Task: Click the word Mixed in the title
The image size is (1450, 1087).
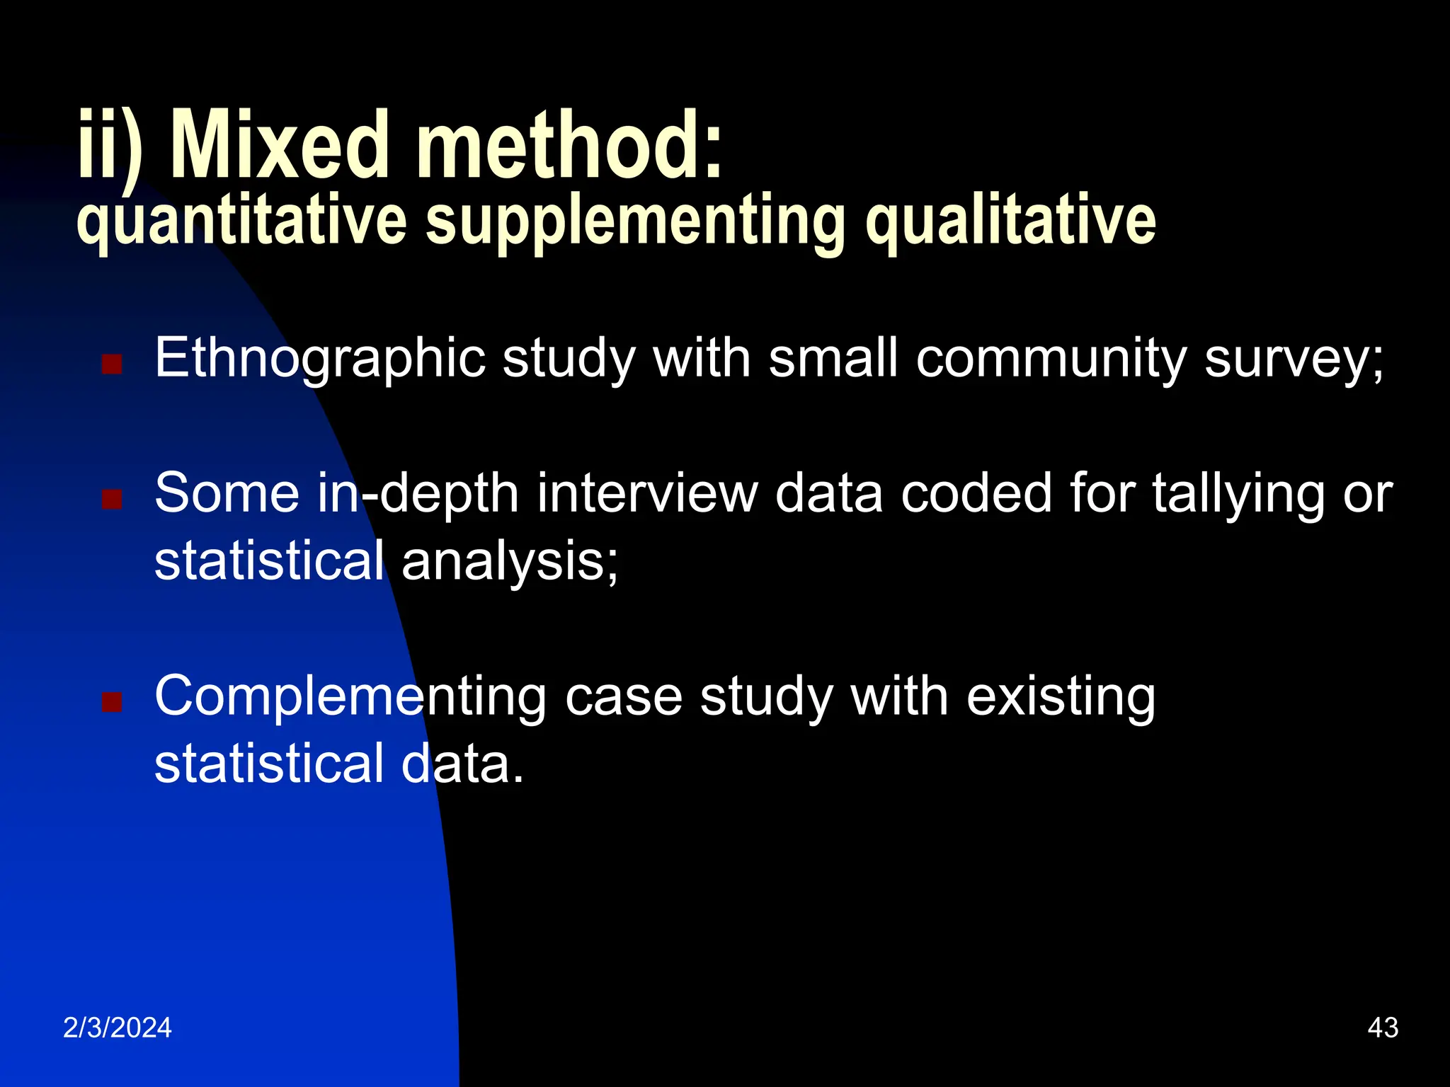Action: point(280,146)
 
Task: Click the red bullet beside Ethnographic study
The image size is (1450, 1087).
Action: point(112,364)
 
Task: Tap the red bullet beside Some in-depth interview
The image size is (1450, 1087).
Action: point(112,500)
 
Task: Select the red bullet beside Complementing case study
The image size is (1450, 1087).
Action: point(112,702)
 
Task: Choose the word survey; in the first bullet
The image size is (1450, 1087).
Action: point(1294,359)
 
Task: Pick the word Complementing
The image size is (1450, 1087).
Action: point(350,697)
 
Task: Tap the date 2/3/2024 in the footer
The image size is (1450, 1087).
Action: point(118,1028)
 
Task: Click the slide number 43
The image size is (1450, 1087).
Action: point(1383,1028)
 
